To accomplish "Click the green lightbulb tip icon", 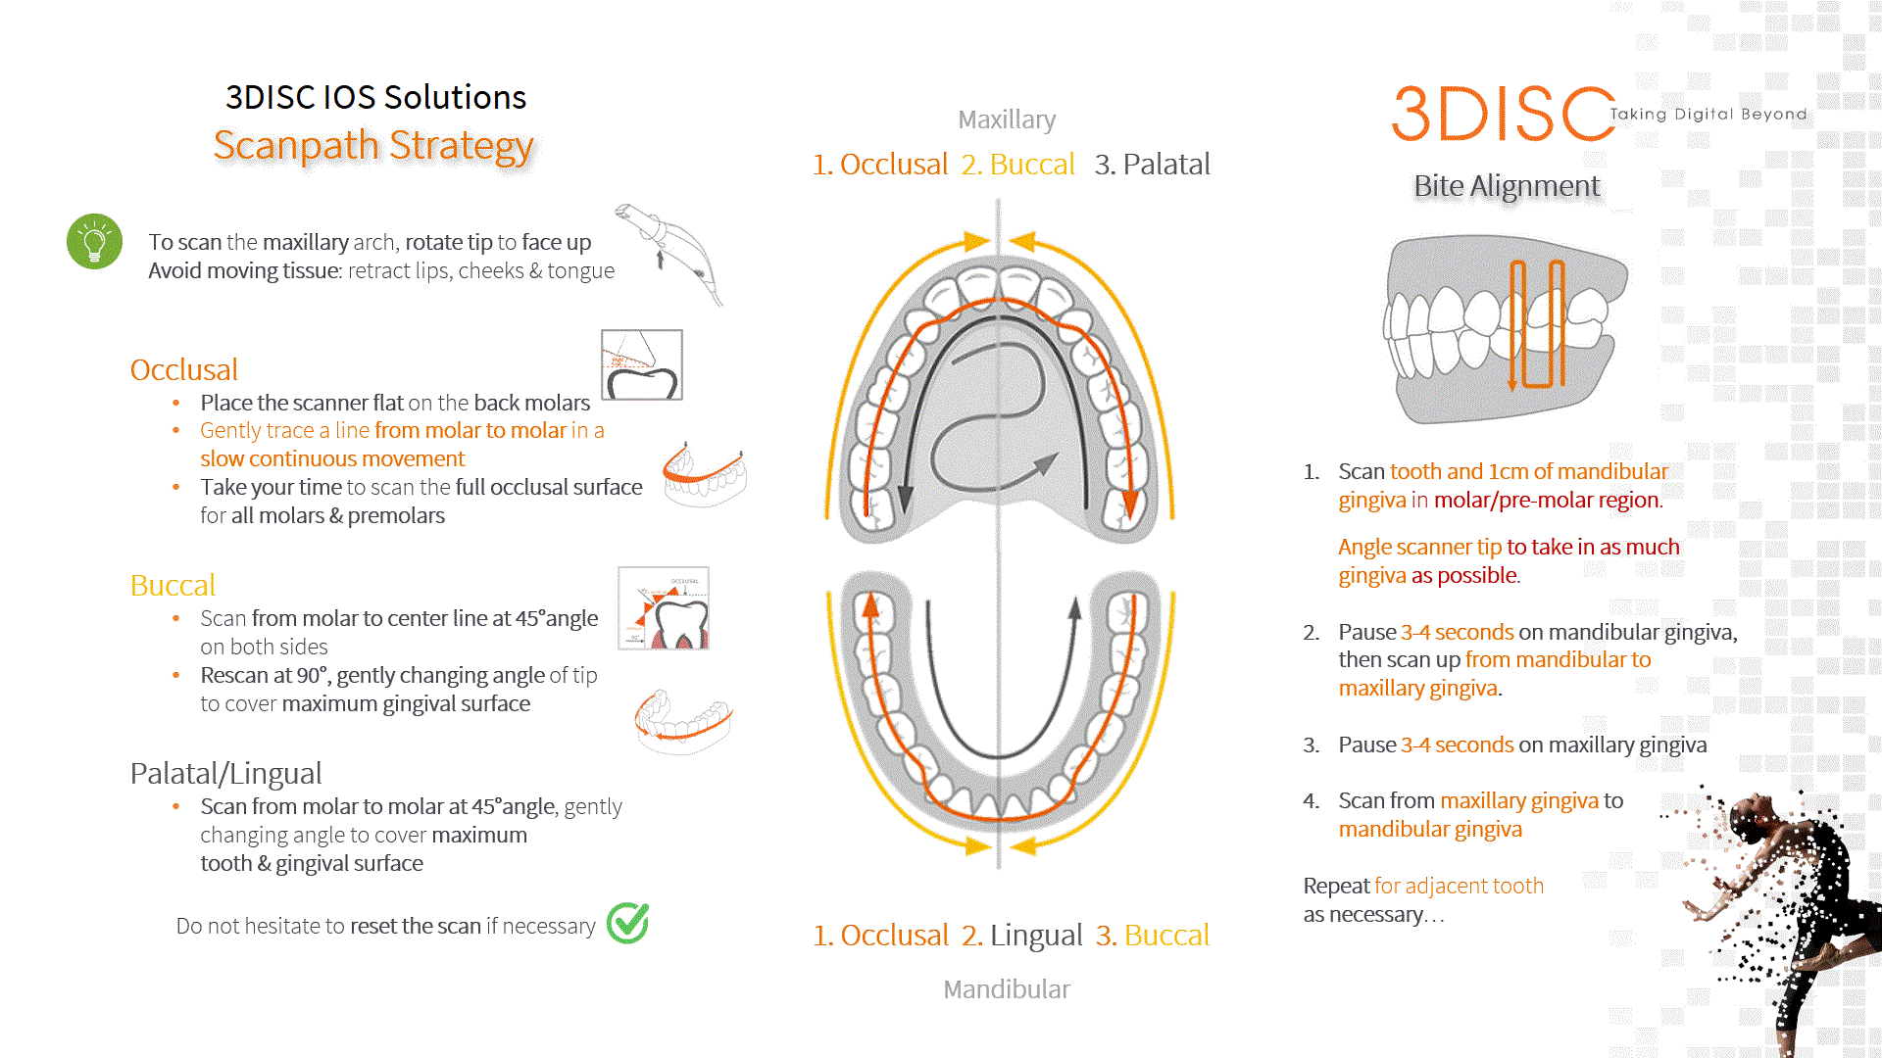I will click(x=94, y=241).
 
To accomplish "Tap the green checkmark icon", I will click(x=627, y=923).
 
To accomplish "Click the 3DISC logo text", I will click(x=1502, y=114).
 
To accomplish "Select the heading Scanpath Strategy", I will click(x=373, y=145).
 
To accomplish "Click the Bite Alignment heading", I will click(x=1506, y=186).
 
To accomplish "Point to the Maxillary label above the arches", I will click(x=1007, y=120).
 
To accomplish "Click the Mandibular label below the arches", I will click(x=1007, y=989).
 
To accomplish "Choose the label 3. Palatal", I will click(x=1152, y=165).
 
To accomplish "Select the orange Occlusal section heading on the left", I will click(x=184, y=370).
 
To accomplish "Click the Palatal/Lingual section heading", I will click(x=225, y=774).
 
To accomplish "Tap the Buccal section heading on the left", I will click(x=173, y=586).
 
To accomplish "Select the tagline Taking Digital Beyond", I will click(x=1708, y=115).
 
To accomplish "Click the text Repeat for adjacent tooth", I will click(x=1423, y=887).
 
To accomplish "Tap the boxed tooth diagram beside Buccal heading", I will click(x=663, y=608).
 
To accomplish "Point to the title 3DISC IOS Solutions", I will click(x=375, y=98).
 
